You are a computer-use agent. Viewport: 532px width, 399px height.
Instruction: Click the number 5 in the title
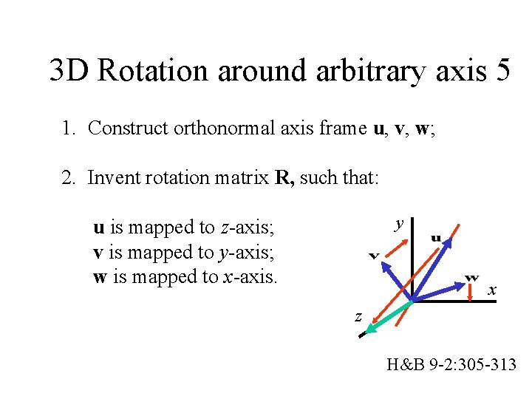pos(499,71)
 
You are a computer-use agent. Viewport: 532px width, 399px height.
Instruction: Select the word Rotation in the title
pos(150,71)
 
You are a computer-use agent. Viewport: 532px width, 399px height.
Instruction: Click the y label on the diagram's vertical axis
pos(399,223)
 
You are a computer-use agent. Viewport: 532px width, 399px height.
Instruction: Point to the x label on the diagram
pos(491,291)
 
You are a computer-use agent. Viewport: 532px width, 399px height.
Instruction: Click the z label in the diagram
pos(358,317)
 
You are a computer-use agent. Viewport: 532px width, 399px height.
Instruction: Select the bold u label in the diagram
pos(437,238)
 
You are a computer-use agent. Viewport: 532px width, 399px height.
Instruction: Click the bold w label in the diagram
pos(471,277)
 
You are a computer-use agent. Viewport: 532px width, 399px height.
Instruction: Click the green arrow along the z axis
pos(391,313)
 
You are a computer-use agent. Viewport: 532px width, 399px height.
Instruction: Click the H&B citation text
pos(451,364)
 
